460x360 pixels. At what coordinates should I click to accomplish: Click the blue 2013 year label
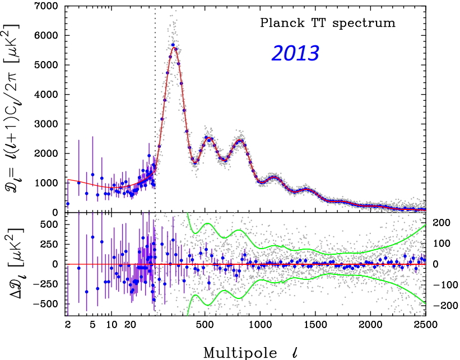coord(295,53)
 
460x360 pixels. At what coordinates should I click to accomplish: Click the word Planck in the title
coord(278,24)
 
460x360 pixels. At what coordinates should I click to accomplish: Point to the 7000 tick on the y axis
coord(48,6)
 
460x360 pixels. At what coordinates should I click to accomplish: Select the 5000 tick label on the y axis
coord(48,65)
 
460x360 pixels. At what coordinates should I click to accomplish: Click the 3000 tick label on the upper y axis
coord(48,124)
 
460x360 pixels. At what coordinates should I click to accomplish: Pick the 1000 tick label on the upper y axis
coord(48,183)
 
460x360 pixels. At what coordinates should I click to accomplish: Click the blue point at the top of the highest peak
coord(173,45)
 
